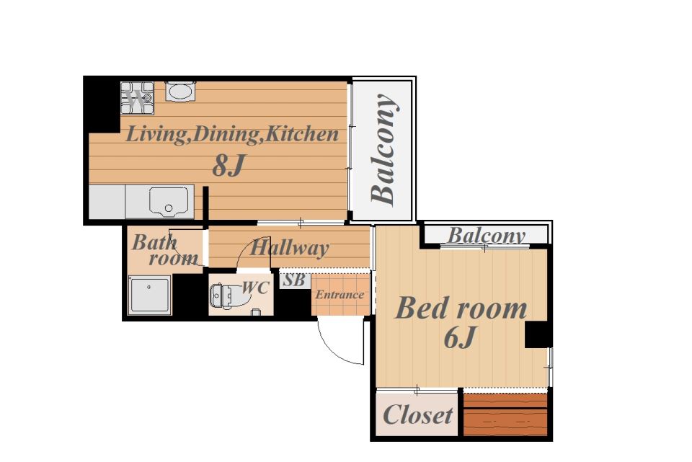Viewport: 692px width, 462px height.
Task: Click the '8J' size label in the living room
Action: [229, 166]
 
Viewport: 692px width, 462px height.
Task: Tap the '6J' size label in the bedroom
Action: [460, 337]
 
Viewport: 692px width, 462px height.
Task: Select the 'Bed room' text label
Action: [461, 308]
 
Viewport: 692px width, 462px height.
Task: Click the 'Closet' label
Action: [417, 414]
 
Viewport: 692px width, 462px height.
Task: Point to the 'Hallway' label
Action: [289, 248]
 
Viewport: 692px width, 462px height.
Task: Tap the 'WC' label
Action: [255, 288]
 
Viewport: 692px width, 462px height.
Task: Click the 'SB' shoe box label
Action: [293, 280]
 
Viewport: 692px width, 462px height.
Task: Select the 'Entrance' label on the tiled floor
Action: [340, 294]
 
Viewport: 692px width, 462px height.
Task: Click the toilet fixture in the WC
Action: [224, 295]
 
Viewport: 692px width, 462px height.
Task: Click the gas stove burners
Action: [138, 98]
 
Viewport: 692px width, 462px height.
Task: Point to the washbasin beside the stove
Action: [180, 92]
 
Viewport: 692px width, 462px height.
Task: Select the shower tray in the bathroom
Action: [150, 295]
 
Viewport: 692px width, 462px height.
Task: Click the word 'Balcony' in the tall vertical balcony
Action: [383, 150]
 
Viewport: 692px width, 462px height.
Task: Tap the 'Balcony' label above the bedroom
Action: [487, 236]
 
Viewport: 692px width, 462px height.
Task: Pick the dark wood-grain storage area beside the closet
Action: [505, 414]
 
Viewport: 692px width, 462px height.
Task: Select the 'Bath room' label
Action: [164, 250]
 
